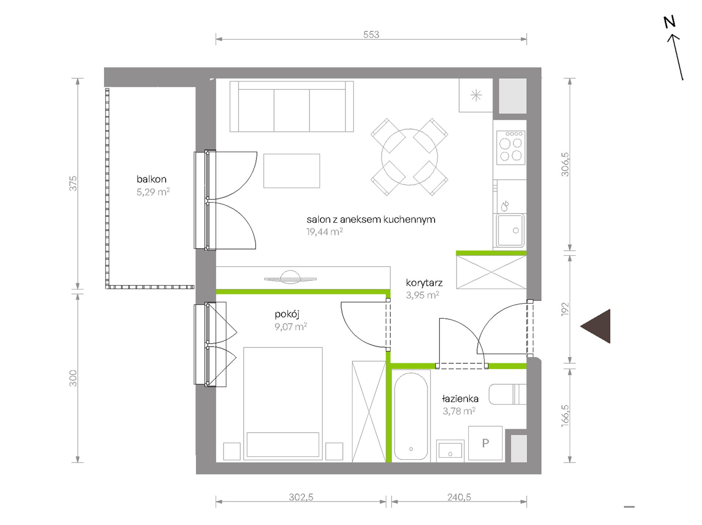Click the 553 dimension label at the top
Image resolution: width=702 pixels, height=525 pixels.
[371, 34]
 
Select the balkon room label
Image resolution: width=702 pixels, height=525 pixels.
[151, 179]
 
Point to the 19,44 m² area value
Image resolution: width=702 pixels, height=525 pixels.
[324, 232]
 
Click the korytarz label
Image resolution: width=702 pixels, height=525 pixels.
[424, 283]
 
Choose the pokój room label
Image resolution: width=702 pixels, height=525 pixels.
[287, 315]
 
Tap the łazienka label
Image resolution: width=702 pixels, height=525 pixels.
[460, 399]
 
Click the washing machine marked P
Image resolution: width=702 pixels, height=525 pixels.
[485, 443]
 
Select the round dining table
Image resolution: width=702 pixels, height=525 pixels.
[409, 157]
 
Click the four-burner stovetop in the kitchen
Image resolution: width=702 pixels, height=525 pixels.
[511, 148]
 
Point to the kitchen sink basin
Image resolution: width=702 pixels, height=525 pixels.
[510, 230]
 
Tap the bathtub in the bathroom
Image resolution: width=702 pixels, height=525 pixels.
[411, 416]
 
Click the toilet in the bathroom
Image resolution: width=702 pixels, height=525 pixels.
[507, 394]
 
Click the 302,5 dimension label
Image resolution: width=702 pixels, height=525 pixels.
[301, 497]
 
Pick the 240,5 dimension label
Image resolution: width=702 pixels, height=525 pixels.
[459, 497]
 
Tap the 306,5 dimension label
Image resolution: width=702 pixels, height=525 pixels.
[565, 165]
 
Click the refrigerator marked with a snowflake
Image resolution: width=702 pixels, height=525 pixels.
[476, 95]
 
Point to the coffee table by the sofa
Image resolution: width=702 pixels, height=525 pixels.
[292, 171]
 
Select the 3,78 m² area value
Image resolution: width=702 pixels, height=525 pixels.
[459, 411]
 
